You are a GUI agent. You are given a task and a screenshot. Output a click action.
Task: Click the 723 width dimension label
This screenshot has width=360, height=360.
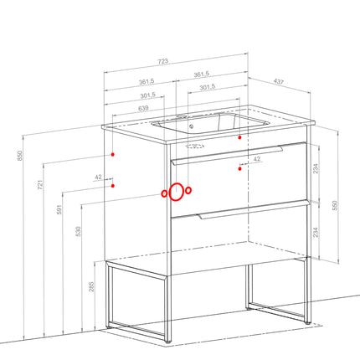click(163, 61)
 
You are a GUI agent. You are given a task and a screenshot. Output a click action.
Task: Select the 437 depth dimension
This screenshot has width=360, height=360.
click(278, 81)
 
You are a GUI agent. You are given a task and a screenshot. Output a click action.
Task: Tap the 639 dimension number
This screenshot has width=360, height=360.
click(143, 108)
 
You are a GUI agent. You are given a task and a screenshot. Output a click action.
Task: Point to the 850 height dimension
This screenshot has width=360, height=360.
click(19, 156)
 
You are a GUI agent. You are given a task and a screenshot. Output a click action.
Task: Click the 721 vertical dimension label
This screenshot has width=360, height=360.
click(40, 185)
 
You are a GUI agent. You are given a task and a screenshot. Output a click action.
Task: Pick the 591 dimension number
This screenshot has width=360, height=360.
click(59, 209)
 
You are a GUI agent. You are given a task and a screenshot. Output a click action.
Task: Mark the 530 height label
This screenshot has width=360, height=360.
click(79, 231)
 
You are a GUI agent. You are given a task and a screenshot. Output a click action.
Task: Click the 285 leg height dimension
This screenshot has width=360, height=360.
click(91, 286)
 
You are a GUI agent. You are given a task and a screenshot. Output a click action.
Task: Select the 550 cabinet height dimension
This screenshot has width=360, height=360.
click(335, 205)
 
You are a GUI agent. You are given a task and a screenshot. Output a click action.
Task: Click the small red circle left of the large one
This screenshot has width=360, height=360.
click(164, 193)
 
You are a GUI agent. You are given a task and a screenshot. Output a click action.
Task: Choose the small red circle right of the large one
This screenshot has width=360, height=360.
click(188, 190)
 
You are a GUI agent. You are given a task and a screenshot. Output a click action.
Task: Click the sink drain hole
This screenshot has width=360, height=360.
click(192, 126)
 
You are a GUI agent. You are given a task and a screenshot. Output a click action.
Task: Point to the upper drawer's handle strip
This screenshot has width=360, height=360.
click(228, 156)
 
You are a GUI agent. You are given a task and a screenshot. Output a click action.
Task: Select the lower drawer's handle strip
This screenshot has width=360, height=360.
click(254, 209)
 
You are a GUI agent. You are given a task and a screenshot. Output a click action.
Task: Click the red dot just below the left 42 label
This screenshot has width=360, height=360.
click(113, 186)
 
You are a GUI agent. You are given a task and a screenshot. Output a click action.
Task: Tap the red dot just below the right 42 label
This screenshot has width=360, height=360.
click(239, 168)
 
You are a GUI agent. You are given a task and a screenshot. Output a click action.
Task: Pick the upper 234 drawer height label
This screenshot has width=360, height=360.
click(316, 168)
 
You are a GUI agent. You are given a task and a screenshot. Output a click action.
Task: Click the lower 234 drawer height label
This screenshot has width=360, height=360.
click(316, 233)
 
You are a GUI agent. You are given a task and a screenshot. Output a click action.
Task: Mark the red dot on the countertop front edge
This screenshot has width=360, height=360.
click(239, 137)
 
